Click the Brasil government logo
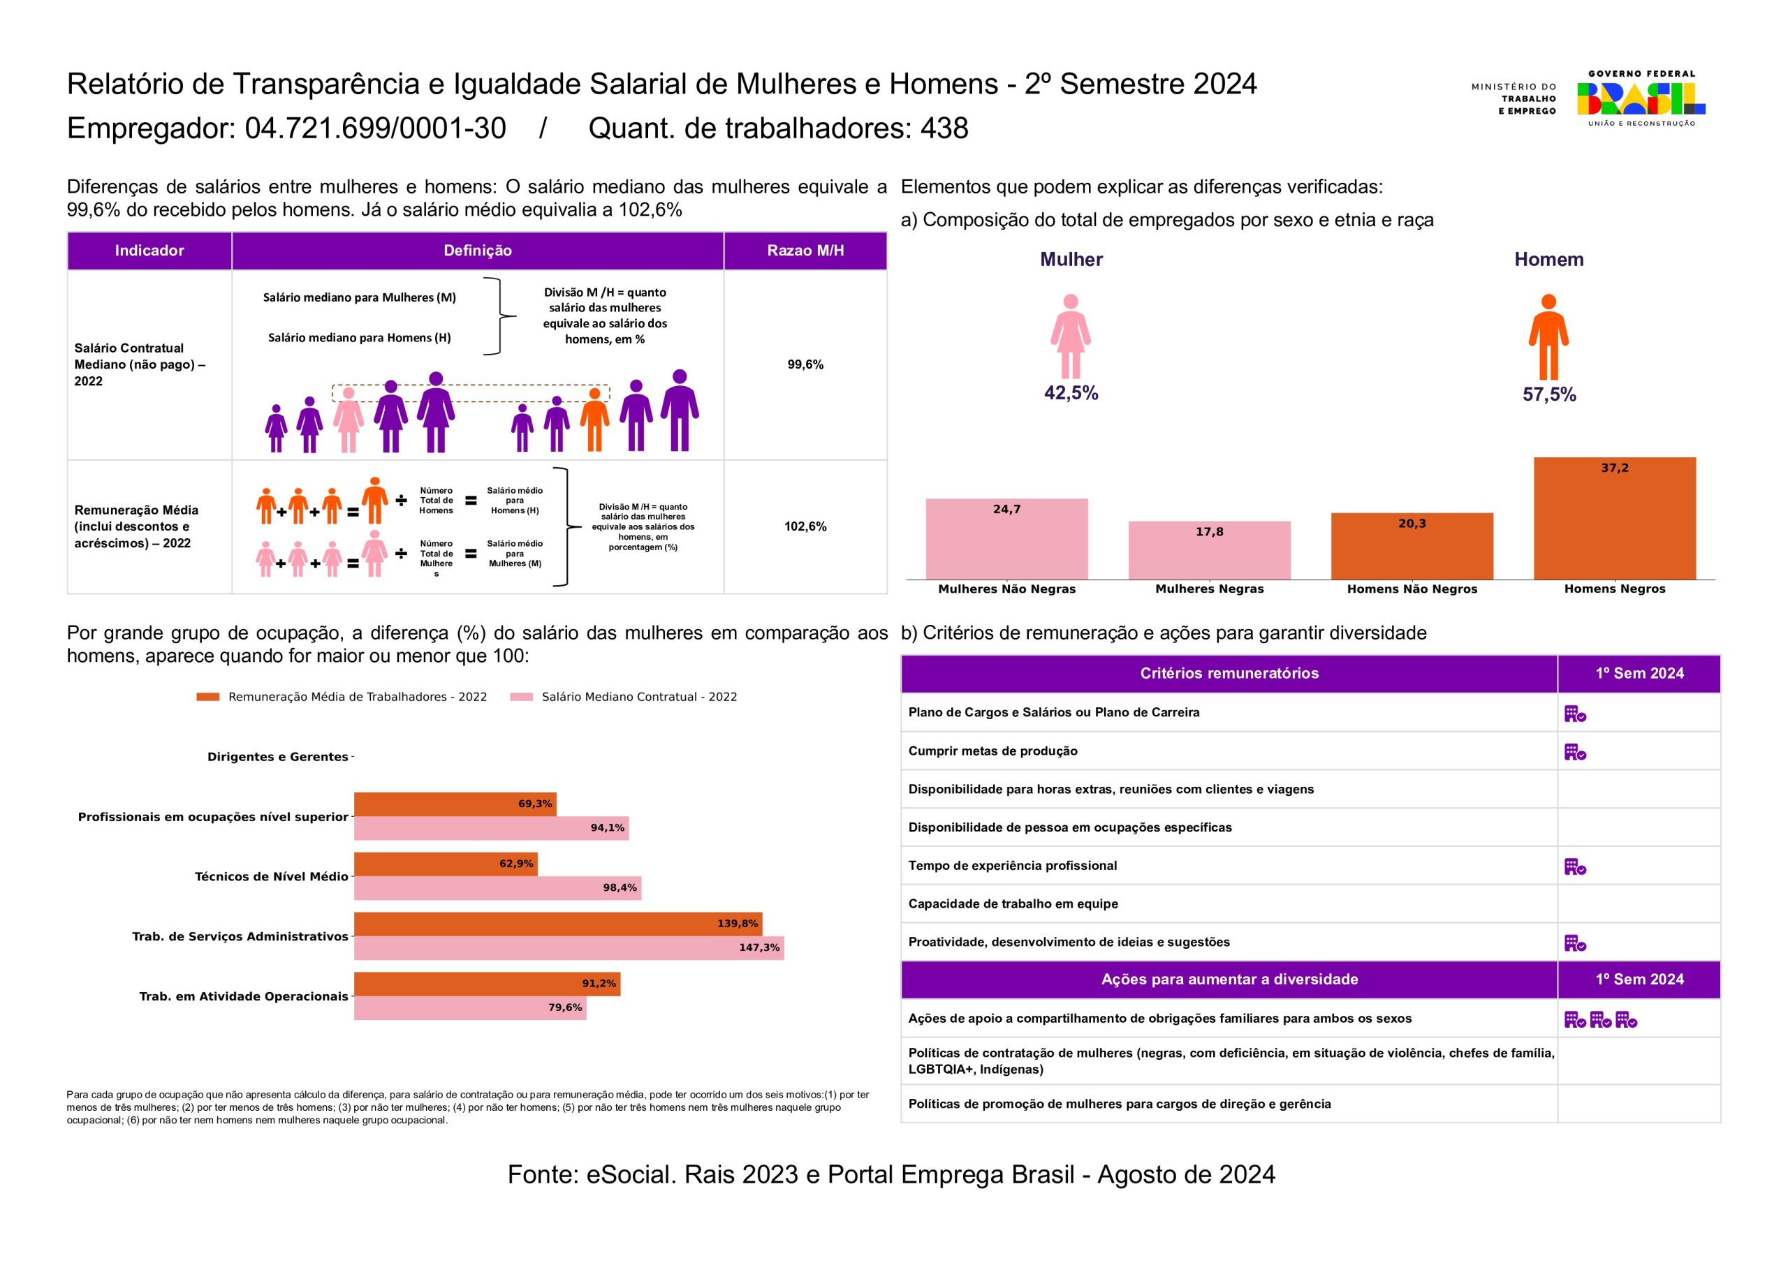(1641, 99)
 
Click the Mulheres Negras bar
(1210, 551)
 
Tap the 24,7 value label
(1006, 509)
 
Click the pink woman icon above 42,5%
(1071, 337)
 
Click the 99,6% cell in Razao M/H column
(805, 364)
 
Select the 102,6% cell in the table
(805, 526)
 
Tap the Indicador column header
(149, 251)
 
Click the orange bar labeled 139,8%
(557, 924)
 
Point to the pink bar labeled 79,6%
(469, 1007)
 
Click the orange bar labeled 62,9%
(446, 864)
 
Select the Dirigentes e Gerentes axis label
(277, 757)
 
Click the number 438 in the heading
(944, 128)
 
